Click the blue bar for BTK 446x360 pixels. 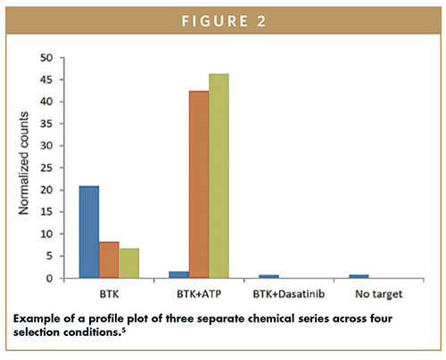click(x=89, y=232)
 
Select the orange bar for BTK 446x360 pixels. click(x=109, y=260)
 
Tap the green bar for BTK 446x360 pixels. click(x=129, y=263)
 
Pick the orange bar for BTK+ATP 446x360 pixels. click(x=199, y=184)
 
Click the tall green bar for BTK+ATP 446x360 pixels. click(x=219, y=176)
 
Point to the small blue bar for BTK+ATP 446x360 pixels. click(x=179, y=274)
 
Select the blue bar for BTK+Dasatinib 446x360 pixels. click(x=268, y=276)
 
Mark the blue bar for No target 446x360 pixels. click(x=359, y=276)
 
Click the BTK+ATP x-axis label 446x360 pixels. click(x=199, y=294)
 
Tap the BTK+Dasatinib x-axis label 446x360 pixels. click(x=289, y=294)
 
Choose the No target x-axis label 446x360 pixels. click(x=379, y=294)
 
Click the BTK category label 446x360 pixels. click(x=109, y=294)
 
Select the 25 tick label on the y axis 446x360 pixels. click(x=46, y=168)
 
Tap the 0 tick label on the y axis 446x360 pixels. click(x=49, y=279)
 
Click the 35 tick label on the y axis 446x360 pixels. click(x=46, y=124)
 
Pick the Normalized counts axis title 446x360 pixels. click(x=23, y=163)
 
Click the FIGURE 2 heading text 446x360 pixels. click(x=224, y=21)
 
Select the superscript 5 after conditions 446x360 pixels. click(x=124, y=330)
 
